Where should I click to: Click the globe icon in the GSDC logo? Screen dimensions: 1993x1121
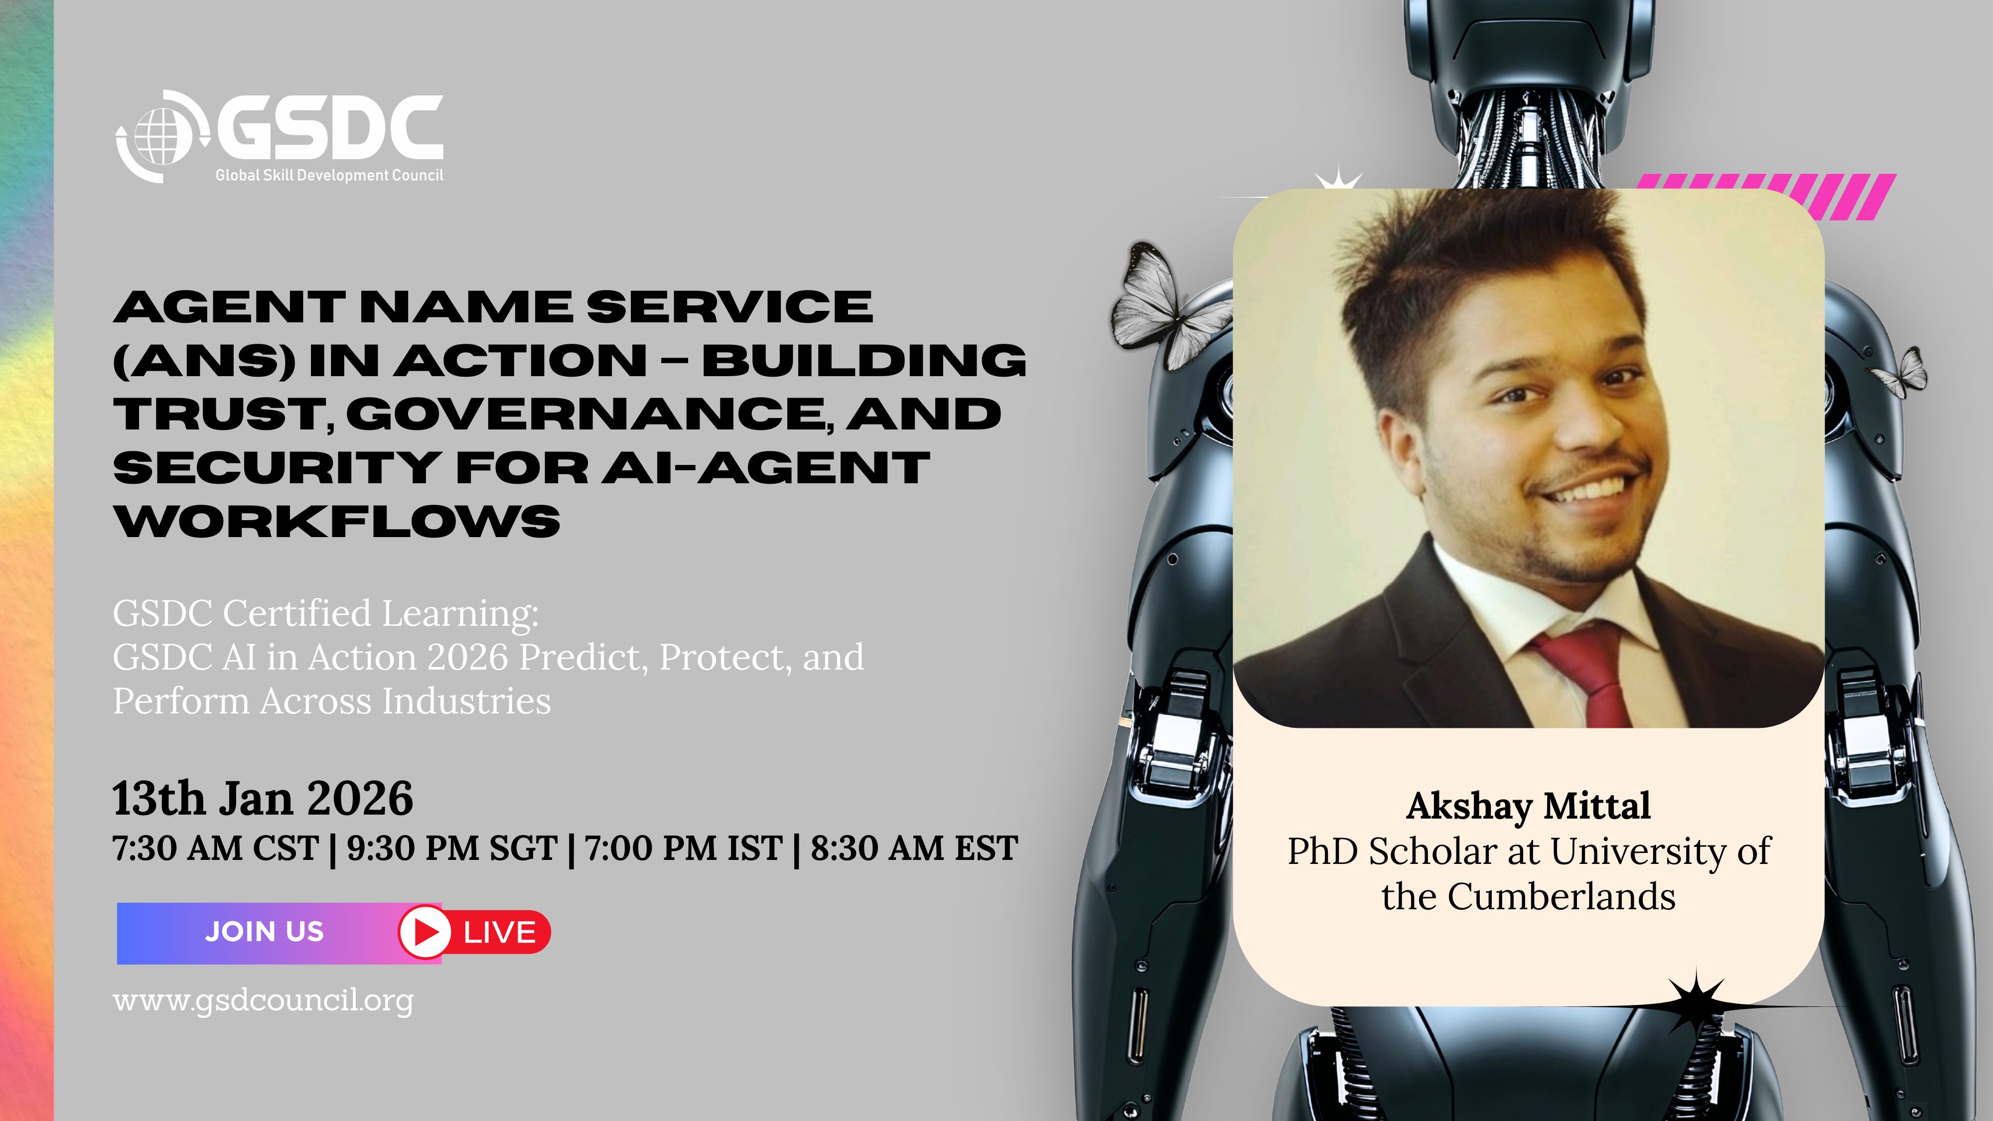162,136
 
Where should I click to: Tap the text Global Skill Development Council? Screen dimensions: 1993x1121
329,175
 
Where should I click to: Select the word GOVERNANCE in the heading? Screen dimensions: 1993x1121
585,415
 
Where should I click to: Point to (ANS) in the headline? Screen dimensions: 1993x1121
204,361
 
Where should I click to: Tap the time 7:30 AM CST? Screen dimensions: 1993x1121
216,848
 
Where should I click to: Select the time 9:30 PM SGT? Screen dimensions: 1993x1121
452,848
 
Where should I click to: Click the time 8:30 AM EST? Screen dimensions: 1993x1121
914,848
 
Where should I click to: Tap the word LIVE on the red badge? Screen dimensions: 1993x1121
499,932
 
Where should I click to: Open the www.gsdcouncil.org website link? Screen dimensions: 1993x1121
263,1000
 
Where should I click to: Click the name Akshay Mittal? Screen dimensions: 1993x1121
1528,806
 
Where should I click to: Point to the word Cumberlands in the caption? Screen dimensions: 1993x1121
1562,897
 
